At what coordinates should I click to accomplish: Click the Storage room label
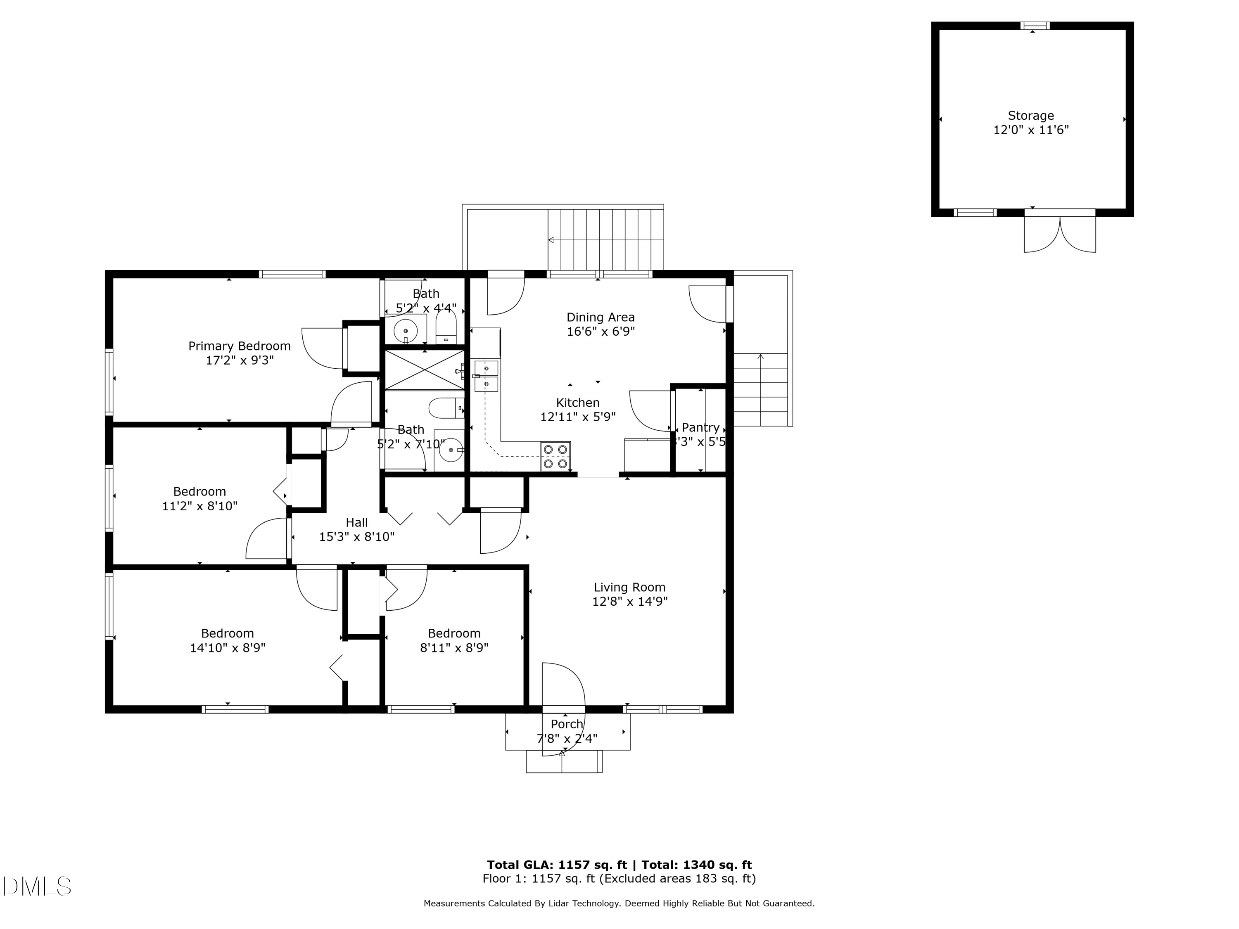pos(1030,116)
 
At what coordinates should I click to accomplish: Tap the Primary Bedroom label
pos(239,346)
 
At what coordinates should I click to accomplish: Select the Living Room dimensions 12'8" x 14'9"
pos(629,602)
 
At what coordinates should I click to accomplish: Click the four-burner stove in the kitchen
pos(555,456)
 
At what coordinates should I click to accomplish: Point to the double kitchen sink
pos(486,376)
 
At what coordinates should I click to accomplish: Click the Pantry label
pos(700,428)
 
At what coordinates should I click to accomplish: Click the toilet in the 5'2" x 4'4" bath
pos(446,327)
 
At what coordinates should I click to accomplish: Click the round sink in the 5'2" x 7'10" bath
pos(451,450)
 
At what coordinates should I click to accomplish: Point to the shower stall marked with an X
pos(424,370)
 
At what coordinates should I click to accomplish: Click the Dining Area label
pos(601,318)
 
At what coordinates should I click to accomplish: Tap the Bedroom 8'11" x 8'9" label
pos(454,633)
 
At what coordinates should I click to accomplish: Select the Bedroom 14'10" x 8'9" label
pos(228,633)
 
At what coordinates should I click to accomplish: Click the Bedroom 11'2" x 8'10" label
pos(199,492)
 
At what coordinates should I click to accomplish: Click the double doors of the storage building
pos(1059,232)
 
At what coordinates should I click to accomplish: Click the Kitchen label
pos(577,403)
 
